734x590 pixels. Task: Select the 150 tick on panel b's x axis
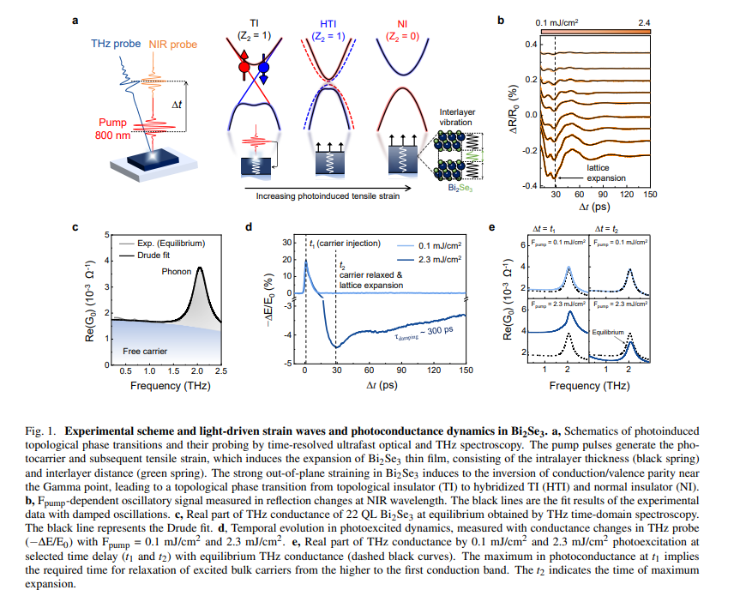click(x=650, y=196)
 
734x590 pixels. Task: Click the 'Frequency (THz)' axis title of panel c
click(x=167, y=386)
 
